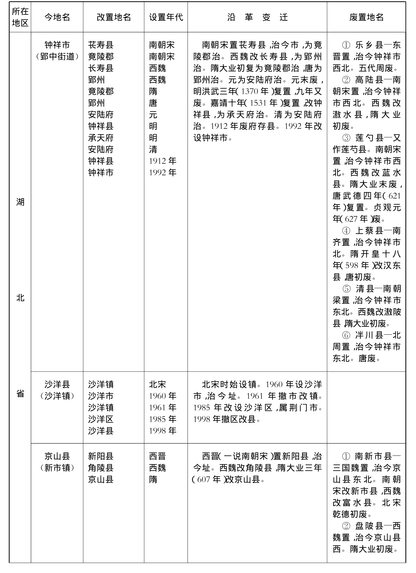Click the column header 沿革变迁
(257, 17)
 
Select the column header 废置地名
(366, 17)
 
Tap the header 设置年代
(166, 17)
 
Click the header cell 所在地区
(20, 17)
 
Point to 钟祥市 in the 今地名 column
(57, 45)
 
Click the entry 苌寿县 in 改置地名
(101, 45)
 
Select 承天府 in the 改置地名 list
(101, 138)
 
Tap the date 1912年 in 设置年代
(163, 161)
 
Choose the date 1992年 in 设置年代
(163, 172)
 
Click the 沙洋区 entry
(101, 419)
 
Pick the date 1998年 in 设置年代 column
(163, 431)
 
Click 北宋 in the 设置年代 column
(157, 384)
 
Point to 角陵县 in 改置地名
(101, 468)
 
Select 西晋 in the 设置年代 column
(157, 456)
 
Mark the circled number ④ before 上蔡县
(346, 231)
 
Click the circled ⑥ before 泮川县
(346, 335)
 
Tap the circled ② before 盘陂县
(346, 526)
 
